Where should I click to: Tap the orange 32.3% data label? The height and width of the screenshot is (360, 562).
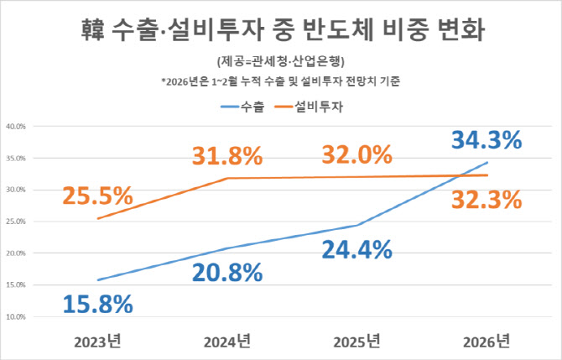click(x=486, y=200)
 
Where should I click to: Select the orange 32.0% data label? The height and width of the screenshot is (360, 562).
click(x=356, y=155)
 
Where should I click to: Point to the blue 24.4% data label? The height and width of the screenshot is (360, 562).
click(x=356, y=249)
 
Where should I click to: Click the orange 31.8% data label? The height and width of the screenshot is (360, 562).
click(x=226, y=156)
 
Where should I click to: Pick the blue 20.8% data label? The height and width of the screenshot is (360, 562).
click(x=226, y=273)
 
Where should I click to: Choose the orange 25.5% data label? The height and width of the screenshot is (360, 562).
click(x=97, y=196)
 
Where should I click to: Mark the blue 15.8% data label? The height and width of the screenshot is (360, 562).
click(x=97, y=303)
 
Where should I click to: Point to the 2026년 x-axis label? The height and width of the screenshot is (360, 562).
click(x=487, y=341)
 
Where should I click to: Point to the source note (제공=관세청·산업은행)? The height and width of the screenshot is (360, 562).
click(x=280, y=62)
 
